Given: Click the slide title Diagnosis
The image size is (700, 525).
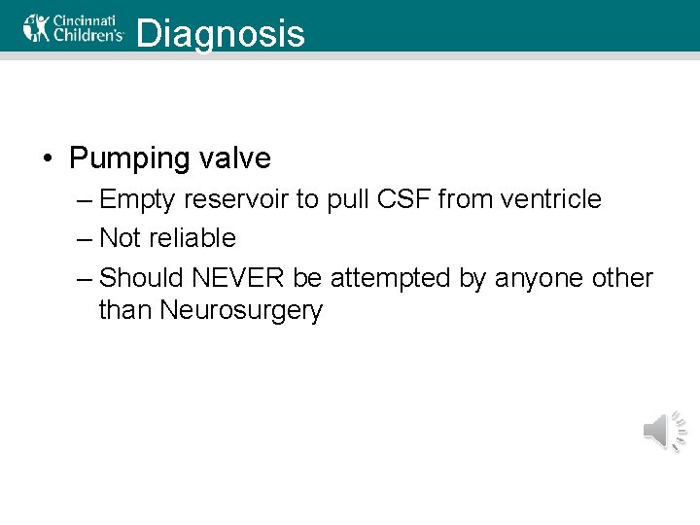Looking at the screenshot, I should [221, 34].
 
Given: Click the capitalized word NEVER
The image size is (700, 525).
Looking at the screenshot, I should [238, 278].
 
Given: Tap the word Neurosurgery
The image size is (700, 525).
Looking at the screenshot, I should [240, 312].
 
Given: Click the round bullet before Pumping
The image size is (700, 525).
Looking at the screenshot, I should [49, 158].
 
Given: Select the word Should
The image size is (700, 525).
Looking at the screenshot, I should [143, 278].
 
